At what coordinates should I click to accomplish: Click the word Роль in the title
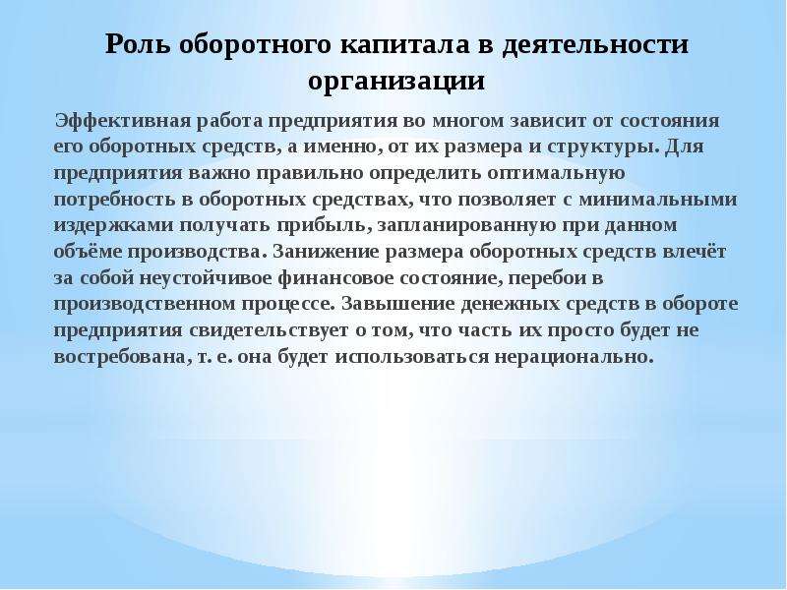point(137,45)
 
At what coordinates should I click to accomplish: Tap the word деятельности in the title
point(595,44)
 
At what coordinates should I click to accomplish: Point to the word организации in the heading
point(396,82)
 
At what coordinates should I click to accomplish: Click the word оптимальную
point(555,174)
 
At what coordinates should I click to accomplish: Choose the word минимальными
point(657,200)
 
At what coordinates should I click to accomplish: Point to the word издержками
point(113,226)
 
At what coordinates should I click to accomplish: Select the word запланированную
point(465,226)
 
